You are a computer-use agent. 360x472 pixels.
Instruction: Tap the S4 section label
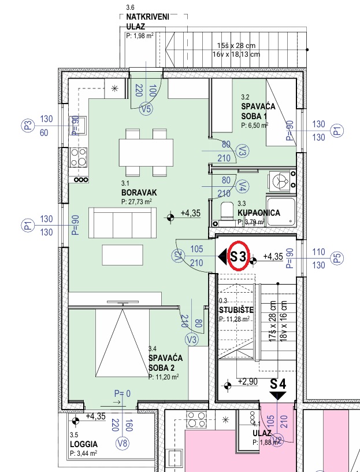pyautogui.click(x=277, y=384)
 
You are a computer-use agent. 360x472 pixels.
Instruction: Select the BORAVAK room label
pyautogui.click(x=139, y=193)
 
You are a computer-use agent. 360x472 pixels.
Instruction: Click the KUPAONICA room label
pyautogui.click(x=259, y=213)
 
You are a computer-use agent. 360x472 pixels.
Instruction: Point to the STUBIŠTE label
pyautogui.click(x=236, y=310)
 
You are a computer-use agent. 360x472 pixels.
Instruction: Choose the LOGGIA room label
pyautogui.click(x=84, y=444)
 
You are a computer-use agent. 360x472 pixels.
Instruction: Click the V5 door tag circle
pyautogui.click(x=146, y=109)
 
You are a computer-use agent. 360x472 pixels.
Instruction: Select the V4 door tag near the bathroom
pyautogui.click(x=243, y=187)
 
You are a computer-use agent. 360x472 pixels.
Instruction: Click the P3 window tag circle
pyautogui.click(x=27, y=126)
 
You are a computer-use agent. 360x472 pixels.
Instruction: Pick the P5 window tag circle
pyautogui.click(x=337, y=259)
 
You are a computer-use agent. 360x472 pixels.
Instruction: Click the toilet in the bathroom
pyautogui.click(x=227, y=212)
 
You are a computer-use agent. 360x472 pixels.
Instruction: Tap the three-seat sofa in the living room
pyautogui.click(x=123, y=223)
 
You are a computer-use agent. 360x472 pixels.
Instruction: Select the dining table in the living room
pyautogui.click(x=146, y=152)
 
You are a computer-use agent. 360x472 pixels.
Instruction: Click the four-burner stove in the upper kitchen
pyautogui.click(x=79, y=157)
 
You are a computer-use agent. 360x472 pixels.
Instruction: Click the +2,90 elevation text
pyautogui.click(x=248, y=382)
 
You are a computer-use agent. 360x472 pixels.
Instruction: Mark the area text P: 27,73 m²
pyautogui.click(x=136, y=202)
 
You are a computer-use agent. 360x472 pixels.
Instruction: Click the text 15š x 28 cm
pyautogui.click(x=236, y=46)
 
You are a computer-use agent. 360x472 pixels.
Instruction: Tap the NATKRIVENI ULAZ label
pyautogui.click(x=148, y=21)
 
